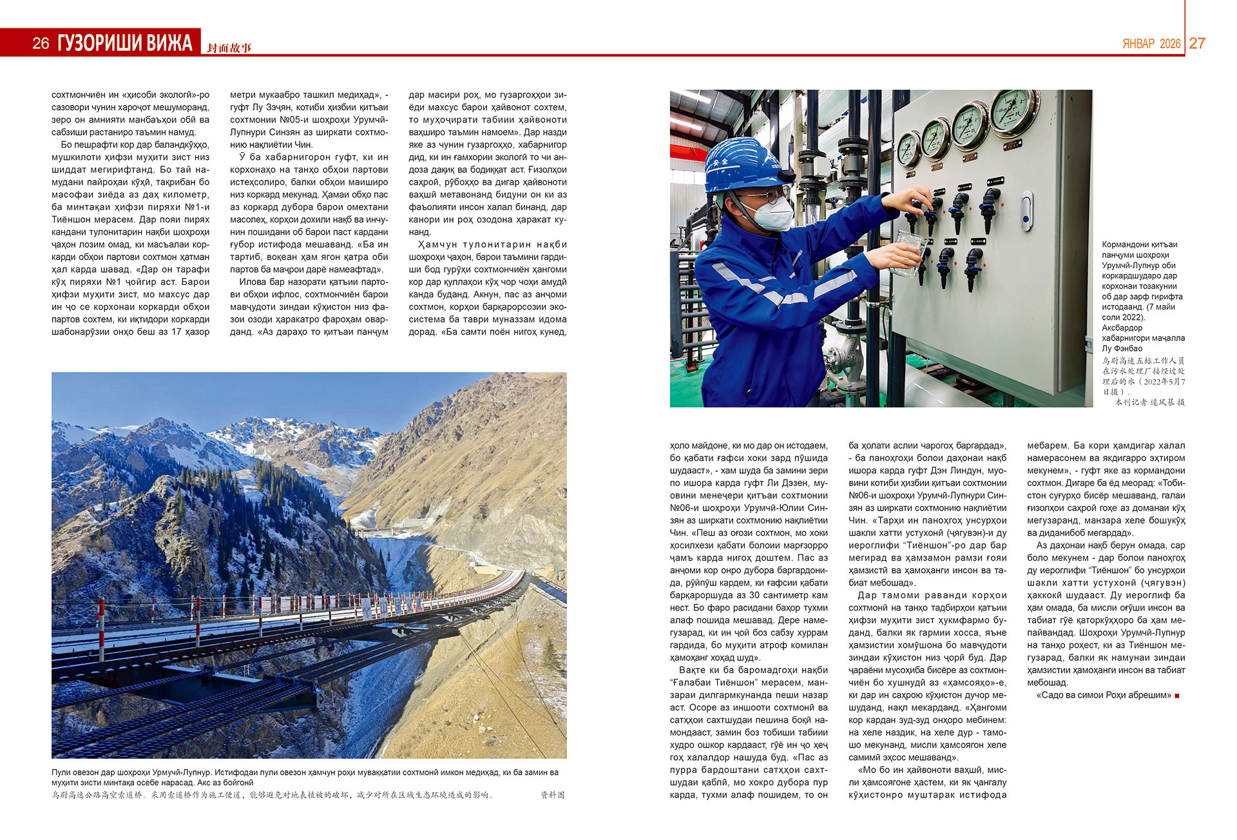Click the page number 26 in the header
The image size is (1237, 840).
[41, 43]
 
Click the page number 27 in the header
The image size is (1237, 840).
[1197, 43]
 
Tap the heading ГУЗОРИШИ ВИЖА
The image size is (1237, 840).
[125, 43]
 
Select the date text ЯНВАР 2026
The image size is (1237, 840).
[1151, 44]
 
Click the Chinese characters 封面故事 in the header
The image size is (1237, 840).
[229, 48]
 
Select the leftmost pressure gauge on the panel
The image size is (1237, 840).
[909, 148]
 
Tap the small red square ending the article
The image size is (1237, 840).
[1178, 696]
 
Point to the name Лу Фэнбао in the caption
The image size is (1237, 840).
[1122, 349]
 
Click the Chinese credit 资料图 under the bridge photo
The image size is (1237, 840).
[552, 795]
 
